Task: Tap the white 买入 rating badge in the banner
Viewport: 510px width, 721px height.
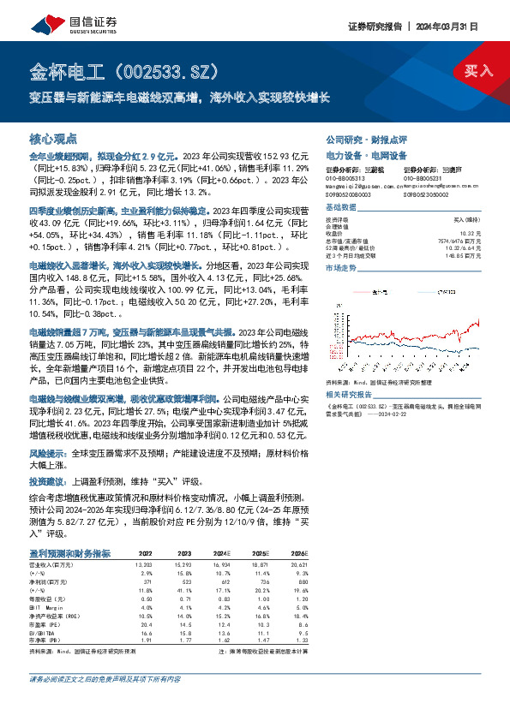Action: (477, 71)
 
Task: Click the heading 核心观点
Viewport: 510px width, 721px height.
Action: (53, 138)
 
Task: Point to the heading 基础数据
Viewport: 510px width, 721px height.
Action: (340, 209)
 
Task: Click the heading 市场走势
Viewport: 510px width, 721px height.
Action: (340, 268)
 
